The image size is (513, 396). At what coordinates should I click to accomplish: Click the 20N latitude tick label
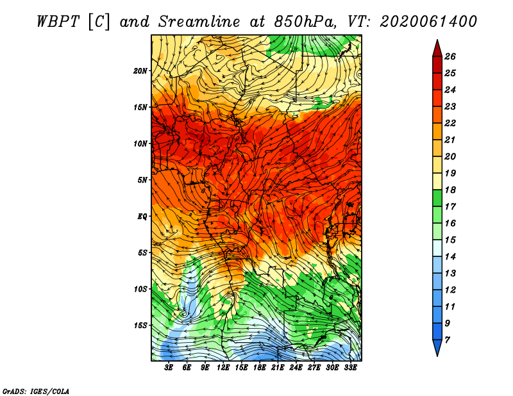point(140,71)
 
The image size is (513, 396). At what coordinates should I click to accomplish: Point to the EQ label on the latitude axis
point(142,217)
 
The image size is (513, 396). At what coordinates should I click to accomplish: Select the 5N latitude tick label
point(142,180)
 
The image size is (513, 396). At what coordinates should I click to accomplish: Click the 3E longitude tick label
point(169,368)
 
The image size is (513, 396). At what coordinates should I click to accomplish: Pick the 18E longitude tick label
point(260,368)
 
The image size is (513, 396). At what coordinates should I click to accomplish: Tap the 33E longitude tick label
point(350,368)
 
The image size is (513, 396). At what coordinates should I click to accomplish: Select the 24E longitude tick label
point(296,368)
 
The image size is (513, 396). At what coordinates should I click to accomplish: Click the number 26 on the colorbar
point(450,56)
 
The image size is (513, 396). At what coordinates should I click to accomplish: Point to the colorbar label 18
point(450,190)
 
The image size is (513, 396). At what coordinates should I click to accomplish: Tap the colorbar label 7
point(447,340)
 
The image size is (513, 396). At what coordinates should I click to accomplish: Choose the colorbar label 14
point(450,257)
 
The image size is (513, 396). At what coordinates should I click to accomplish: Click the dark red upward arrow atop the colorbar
point(437,49)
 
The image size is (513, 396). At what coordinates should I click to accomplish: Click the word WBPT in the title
point(58,22)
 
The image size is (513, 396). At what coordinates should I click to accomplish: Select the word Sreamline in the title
point(199,22)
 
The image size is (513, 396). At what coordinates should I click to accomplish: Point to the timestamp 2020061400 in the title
point(428,22)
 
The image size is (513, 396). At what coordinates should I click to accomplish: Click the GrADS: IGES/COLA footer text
point(36,392)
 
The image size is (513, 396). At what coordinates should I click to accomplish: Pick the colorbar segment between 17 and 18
point(437,198)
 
